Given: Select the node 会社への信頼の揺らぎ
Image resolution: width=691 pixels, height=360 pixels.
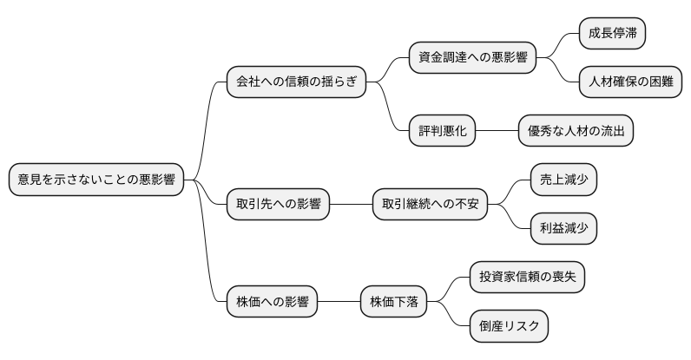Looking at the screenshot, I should click(x=295, y=82).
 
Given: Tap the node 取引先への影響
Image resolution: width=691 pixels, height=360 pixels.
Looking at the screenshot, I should click(x=278, y=205).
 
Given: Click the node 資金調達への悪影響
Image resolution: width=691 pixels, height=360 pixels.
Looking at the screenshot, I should click(x=473, y=58).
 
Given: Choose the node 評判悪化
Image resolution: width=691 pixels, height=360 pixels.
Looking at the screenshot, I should click(x=443, y=131).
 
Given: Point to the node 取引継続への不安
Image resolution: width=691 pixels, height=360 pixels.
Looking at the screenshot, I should click(x=430, y=205).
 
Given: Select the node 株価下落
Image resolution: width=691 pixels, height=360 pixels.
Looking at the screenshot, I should click(x=394, y=303).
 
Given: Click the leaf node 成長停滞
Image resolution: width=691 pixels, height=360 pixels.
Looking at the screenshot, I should click(x=613, y=34).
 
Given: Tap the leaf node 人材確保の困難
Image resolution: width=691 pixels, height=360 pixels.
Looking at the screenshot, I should click(x=630, y=82).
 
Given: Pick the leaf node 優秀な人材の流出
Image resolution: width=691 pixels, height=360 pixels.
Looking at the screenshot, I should click(x=576, y=131).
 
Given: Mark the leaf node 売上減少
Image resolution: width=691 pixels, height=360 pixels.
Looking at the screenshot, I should click(x=564, y=180).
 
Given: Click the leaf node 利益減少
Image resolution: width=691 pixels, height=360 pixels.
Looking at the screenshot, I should click(x=564, y=229).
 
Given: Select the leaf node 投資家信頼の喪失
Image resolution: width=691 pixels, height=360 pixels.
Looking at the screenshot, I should click(x=528, y=278).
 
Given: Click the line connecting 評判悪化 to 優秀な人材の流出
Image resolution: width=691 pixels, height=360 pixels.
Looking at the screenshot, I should click(x=497, y=131).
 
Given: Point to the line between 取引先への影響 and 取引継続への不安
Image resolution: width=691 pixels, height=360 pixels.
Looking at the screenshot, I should click(x=351, y=205).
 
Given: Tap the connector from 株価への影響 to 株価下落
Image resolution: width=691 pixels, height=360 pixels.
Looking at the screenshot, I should click(x=339, y=303).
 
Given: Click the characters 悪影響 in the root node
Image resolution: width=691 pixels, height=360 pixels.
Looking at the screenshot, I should click(x=156, y=180).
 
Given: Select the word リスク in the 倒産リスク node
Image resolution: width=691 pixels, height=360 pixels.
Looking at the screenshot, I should click(x=523, y=327).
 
